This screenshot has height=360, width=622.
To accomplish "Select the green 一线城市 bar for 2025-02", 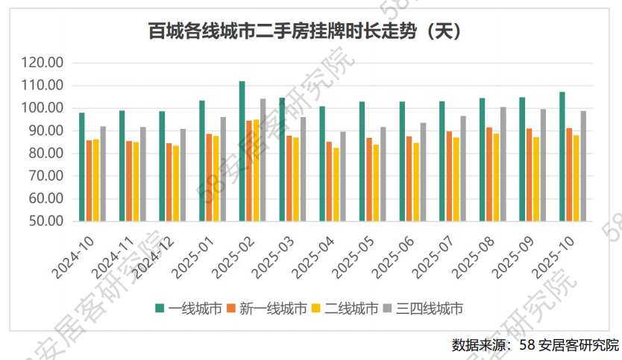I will pyautogui.click(x=242, y=151).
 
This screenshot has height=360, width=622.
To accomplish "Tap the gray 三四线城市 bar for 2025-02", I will pyautogui.click(x=263, y=160).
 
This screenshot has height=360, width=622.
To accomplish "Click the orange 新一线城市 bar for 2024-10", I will pyautogui.click(x=89, y=180).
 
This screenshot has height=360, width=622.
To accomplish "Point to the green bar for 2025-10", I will pyautogui.click(x=562, y=157).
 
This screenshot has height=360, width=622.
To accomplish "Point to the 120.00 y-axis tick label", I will pyautogui.click(x=43, y=63).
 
